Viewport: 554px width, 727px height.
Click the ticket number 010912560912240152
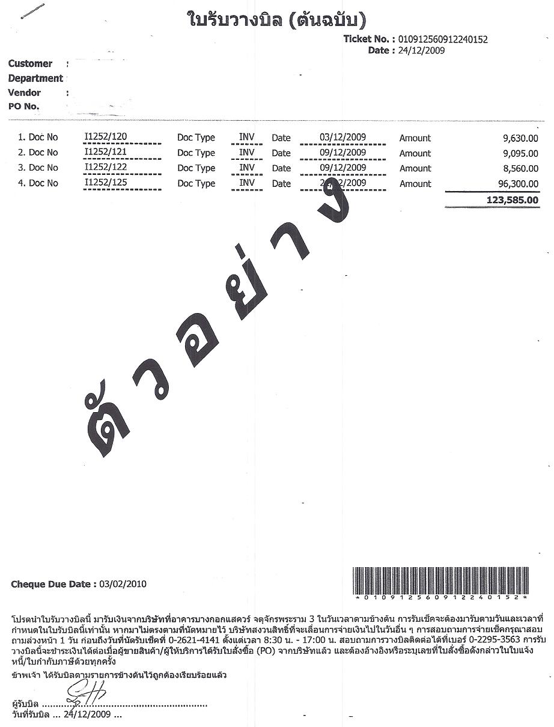click(443, 40)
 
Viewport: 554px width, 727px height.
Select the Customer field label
click(30, 64)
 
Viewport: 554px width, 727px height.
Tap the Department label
click(35, 78)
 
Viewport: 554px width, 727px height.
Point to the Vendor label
click(25, 93)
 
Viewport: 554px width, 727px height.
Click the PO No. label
click(24, 106)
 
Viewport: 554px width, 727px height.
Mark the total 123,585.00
click(507, 200)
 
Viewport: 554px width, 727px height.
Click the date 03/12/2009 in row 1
click(342, 136)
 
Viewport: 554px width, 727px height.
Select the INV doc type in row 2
click(247, 152)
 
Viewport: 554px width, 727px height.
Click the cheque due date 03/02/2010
click(123, 583)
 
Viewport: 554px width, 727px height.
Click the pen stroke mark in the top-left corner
click(32, 13)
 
